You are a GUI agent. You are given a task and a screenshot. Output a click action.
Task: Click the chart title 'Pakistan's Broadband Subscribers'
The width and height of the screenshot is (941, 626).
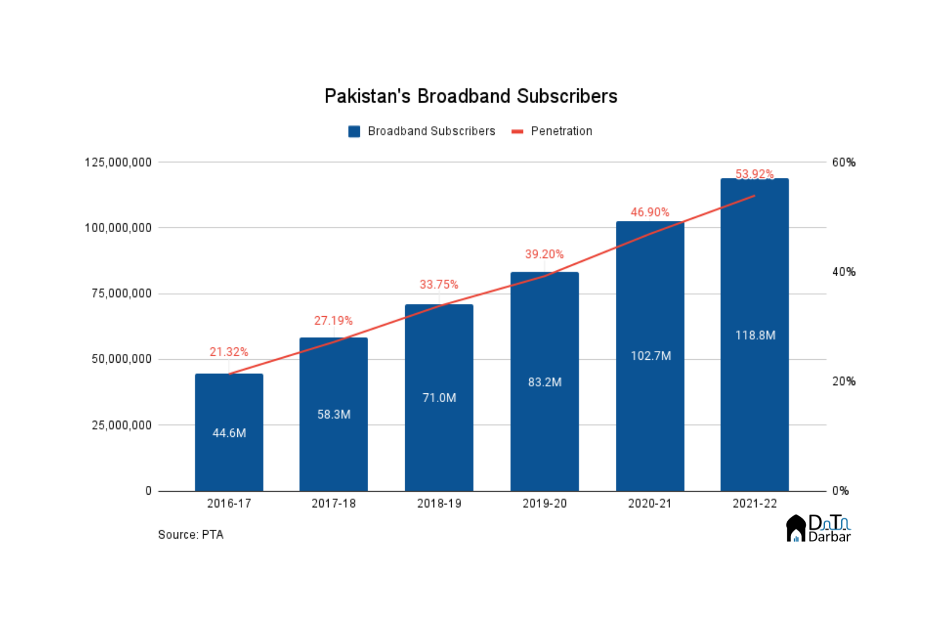[471, 96]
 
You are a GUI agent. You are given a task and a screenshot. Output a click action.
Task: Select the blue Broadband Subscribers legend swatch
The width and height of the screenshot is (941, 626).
[354, 131]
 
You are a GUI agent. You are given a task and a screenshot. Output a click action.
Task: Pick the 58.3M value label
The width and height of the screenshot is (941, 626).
[334, 415]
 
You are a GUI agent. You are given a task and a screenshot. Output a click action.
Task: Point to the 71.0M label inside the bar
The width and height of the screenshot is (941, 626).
[439, 398]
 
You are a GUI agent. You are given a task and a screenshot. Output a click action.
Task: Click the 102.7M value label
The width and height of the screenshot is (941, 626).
[651, 356]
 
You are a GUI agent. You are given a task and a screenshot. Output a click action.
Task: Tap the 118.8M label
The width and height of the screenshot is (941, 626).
[755, 336]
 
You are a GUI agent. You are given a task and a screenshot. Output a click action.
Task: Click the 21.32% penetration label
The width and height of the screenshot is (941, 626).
[229, 352]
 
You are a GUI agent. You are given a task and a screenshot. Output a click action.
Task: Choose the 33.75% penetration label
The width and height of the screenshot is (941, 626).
[439, 285]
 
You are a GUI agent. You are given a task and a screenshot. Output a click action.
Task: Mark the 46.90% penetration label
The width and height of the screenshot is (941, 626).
[650, 212]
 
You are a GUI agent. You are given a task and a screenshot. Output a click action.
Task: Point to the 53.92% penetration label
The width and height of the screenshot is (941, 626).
[754, 174]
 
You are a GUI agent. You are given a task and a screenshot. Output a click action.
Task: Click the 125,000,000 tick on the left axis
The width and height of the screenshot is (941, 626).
[118, 163]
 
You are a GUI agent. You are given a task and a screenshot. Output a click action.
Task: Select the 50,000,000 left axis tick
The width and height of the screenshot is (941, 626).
[121, 359]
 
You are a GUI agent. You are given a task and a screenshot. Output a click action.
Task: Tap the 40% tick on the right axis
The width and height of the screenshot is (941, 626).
[843, 272]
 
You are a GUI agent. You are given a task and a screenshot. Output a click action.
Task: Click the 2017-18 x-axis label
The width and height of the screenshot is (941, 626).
[334, 504]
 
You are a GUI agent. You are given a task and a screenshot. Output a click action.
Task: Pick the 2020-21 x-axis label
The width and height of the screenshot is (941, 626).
[650, 504]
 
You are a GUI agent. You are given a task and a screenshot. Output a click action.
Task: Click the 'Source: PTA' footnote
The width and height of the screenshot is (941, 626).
[191, 535]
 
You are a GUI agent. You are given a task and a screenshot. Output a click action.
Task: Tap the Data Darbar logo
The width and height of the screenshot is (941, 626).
[819, 529]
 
